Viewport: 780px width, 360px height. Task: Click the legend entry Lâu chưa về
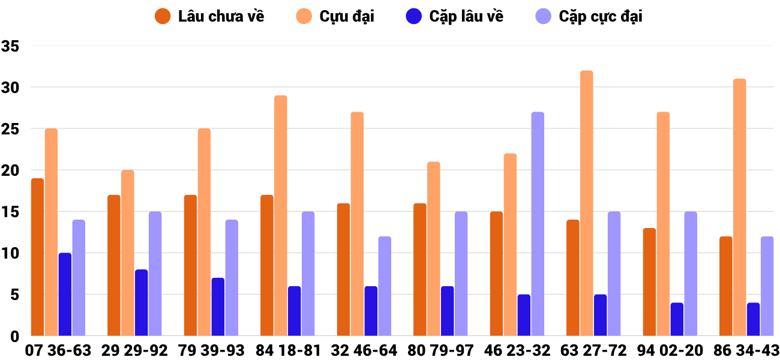click(209, 16)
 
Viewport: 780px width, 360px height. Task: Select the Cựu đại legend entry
click(335, 16)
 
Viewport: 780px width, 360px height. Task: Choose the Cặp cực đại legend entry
click(588, 16)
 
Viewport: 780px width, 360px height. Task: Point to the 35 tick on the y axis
click(11, 46)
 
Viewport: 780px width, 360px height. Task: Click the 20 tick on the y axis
click(11, 170)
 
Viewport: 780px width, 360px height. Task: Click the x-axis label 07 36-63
click(58, 350)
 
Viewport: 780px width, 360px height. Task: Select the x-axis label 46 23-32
click(517, 350)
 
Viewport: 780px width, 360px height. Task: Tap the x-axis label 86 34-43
click(746, 350)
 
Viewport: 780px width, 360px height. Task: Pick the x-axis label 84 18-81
click(287, 350)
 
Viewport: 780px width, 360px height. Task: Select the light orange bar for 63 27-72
click(586, 203)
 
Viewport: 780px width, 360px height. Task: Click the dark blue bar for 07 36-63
click(65, 294)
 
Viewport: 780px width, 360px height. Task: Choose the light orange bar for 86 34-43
click(739, 207)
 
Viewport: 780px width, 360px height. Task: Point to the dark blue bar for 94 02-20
click(677, 319)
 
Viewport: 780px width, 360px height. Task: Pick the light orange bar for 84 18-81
click(281, 215)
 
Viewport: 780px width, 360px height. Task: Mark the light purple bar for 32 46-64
click(385, 286)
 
